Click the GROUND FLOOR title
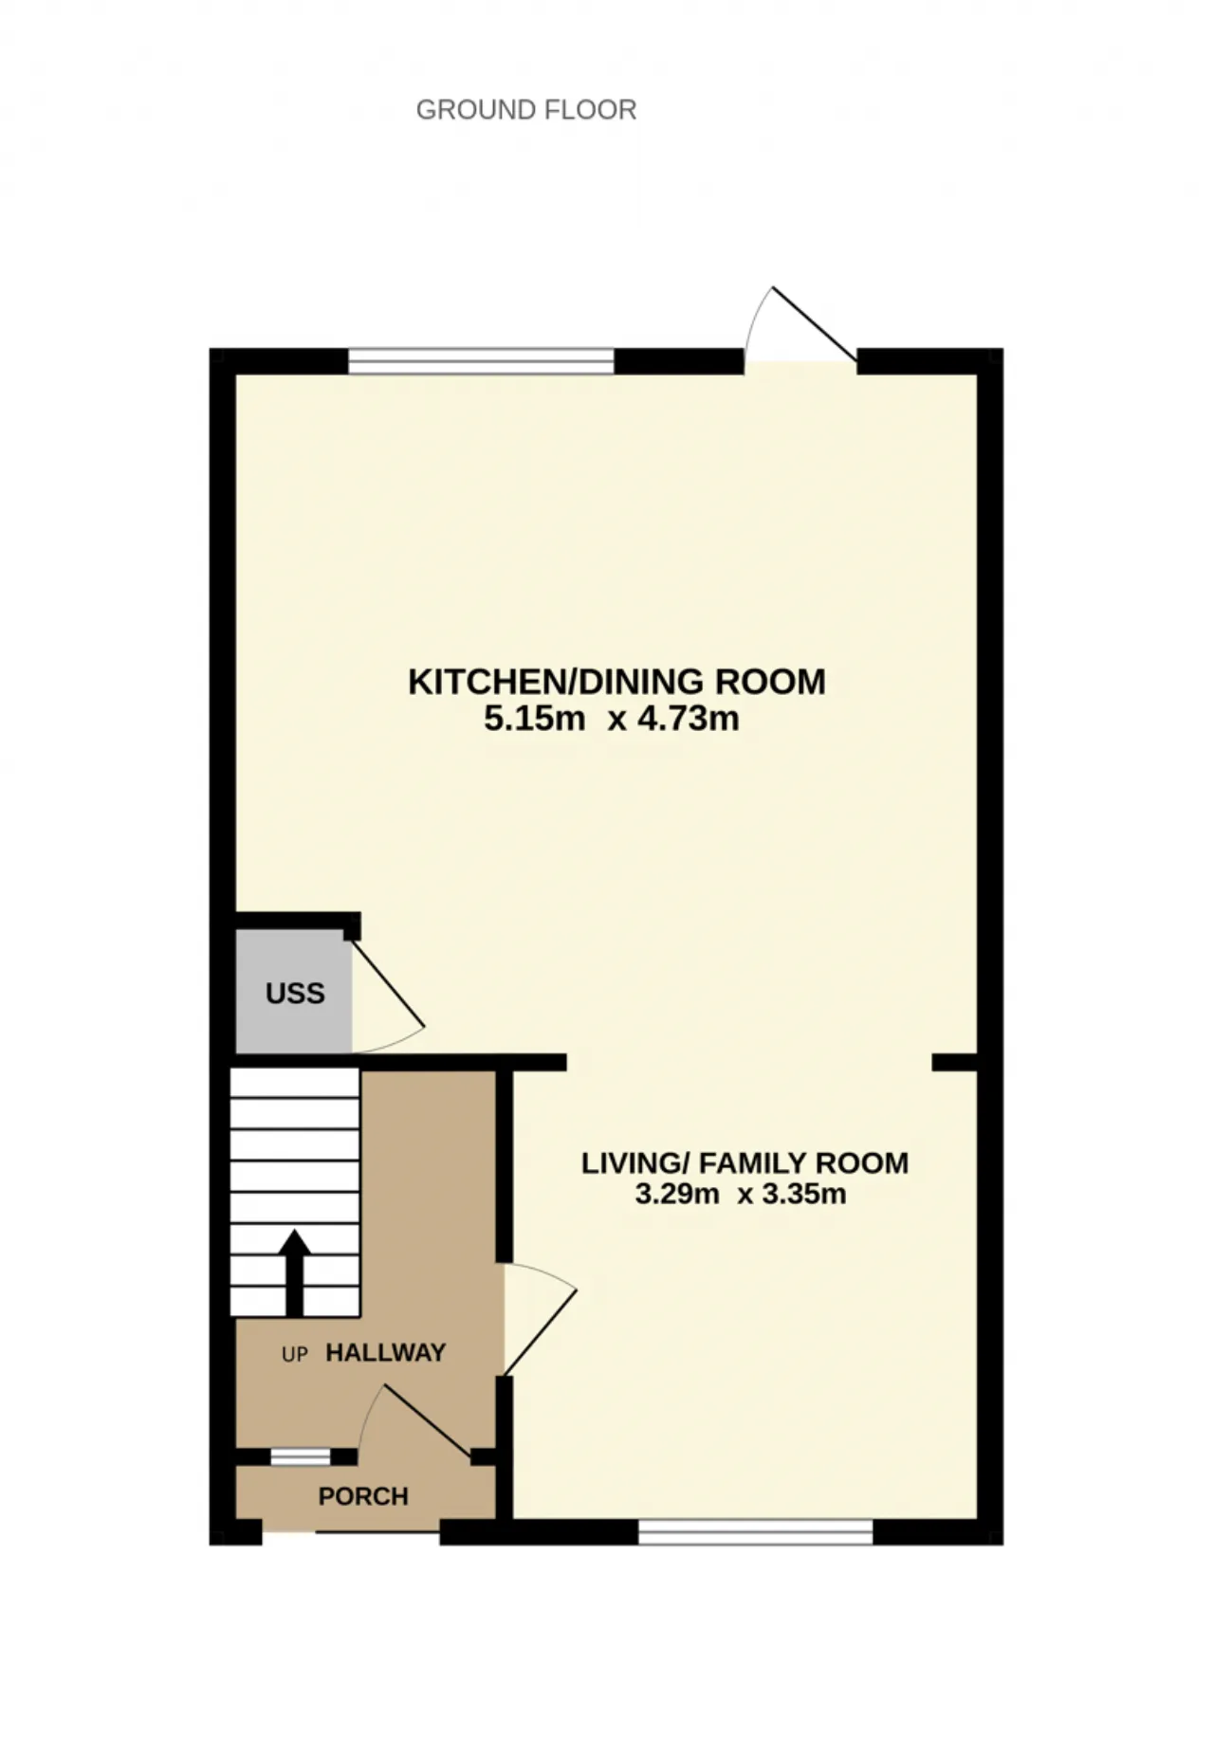tap(526, 110)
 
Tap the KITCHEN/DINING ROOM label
tap(616, 682)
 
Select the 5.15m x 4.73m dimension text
tap(612, 719)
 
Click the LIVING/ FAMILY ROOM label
tap(745, 1162)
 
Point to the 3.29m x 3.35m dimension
tap(741, 1193)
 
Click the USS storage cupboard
tap(294, 992)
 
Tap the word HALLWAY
tap(386, 1353)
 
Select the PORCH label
tap(363, 1496)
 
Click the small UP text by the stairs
tap(295, 1355)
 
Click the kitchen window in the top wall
tap(482, 361)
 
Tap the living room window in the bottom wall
tap(755, 1531)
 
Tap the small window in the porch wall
tap(301, 1456)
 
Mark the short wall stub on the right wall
tap(954, 1063)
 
